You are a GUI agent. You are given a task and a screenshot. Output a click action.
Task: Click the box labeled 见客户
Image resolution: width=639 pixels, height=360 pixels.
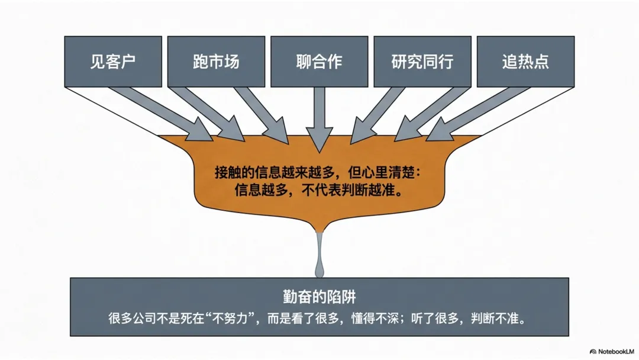point(113,62)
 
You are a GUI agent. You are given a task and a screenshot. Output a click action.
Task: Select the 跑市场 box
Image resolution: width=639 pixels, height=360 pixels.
point(216,62)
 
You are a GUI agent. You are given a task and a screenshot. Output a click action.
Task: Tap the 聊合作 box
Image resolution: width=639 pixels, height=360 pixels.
point(319,62)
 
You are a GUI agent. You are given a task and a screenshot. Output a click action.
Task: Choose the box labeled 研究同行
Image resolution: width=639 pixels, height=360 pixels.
point(422,62)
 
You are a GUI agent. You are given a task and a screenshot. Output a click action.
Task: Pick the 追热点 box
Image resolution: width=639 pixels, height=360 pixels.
point(525,62)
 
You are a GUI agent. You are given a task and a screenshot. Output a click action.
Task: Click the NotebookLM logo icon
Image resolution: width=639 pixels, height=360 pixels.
point(593,351)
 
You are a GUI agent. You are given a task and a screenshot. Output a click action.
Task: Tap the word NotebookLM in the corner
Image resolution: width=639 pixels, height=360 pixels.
point(617,351)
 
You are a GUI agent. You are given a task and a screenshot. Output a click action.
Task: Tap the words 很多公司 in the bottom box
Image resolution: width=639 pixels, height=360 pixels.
point(131,319)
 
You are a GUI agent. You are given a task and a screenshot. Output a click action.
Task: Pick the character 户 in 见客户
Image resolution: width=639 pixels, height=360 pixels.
point(128,62)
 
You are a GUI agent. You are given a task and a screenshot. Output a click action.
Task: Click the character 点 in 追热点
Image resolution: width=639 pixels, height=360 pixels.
point(541,62)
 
